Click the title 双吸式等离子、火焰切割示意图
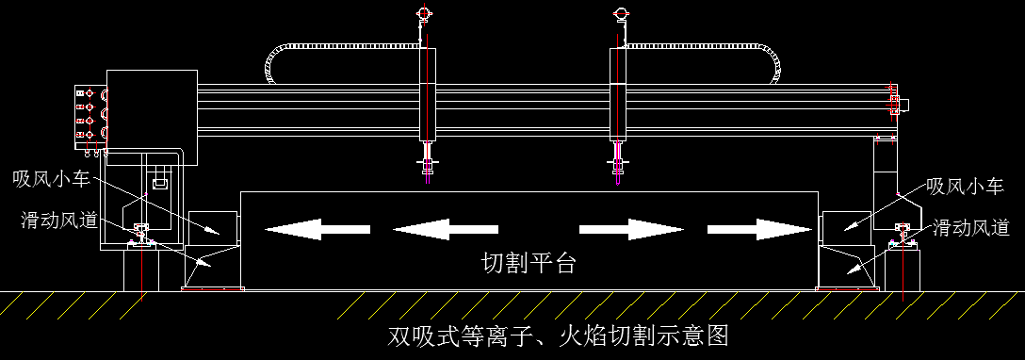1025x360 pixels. [560, 335]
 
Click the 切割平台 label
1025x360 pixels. [529, 264]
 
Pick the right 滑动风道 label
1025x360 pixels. [971, 227]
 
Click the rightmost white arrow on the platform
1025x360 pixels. [758, 229]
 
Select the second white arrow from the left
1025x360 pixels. [445, 229]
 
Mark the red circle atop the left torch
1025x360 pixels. [424, 12]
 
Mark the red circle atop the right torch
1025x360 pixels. [621, 12]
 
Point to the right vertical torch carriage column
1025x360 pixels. [618, 94]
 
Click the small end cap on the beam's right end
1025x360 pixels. [902, 104]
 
